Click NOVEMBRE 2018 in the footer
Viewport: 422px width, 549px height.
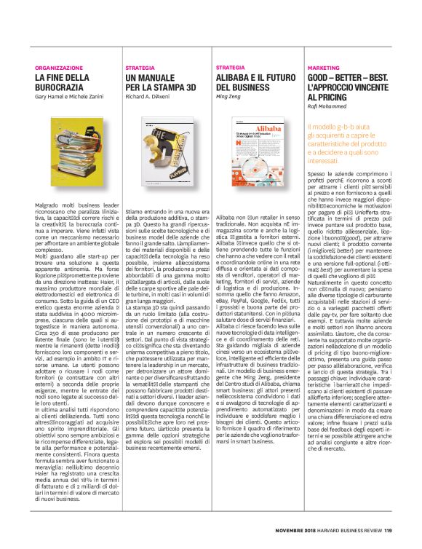point(296,530)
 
